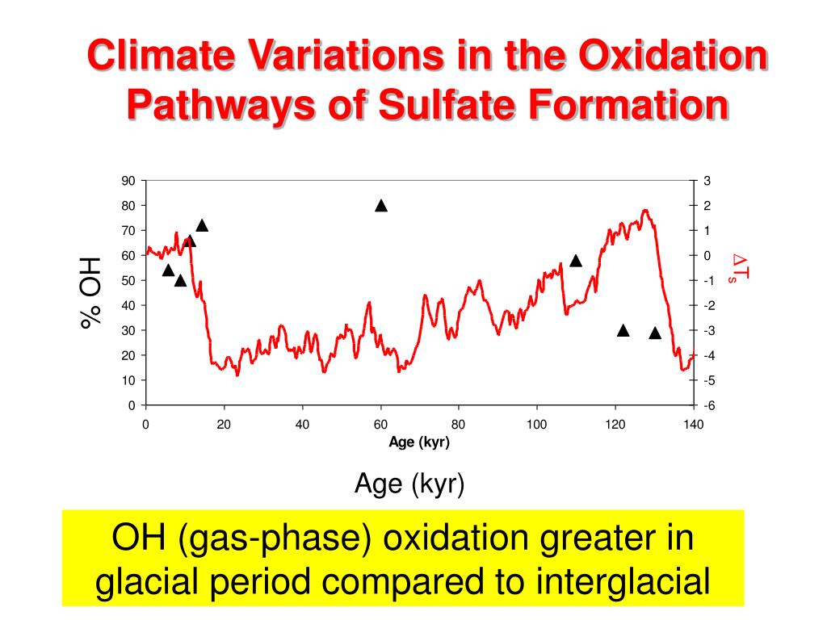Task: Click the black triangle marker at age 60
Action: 381,206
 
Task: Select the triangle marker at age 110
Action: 576,261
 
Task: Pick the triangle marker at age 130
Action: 655,333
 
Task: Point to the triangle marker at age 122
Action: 623,330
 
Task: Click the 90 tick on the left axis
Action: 128,181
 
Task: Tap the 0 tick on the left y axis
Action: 132,405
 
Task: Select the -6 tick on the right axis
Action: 708,405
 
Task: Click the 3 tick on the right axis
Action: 707,181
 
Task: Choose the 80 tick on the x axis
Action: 459,425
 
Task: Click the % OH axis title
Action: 91,292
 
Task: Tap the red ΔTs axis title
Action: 739,269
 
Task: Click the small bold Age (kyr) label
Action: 419,442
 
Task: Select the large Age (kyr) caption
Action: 409,484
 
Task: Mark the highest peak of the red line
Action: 644,210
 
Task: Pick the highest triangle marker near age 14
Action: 202,226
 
